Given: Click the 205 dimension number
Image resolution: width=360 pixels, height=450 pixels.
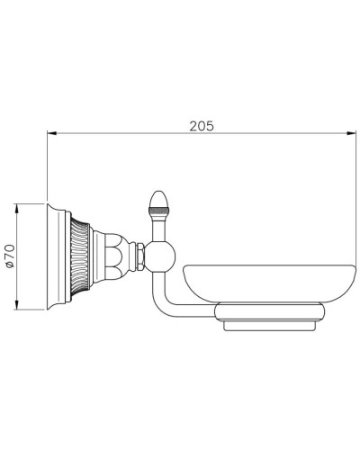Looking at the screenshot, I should click(x=201, y=126).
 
